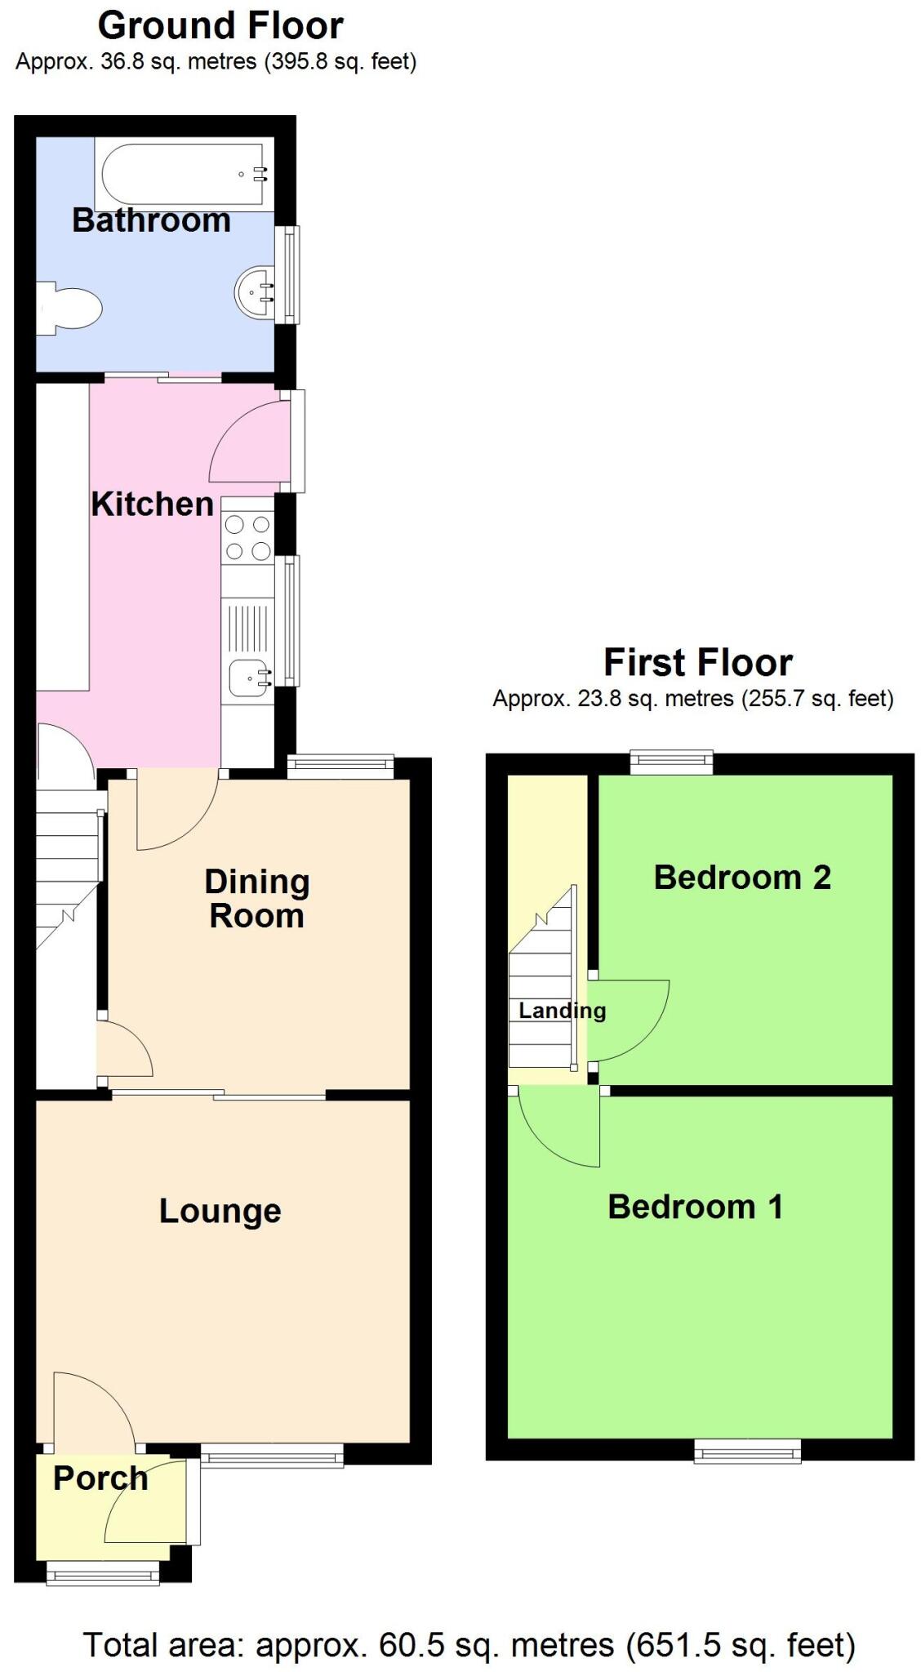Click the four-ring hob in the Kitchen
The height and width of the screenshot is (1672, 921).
[247, 537]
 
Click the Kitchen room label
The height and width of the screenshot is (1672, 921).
[152, 505]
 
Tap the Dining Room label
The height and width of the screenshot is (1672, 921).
[256, 898]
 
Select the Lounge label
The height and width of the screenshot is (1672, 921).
[220, 1211]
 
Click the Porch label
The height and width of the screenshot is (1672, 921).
[100, 1479]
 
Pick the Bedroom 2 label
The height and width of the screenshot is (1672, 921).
[741, 878]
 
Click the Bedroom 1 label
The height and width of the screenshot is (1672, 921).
[695, 1207]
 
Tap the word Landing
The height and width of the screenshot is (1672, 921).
[562, 1011]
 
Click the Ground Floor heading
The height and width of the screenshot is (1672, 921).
[220, 26]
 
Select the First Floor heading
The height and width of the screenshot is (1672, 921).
[697, 662]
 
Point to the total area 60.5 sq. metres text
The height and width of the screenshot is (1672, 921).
[469, 1644]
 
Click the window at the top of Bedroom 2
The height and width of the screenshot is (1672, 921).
[671, 763]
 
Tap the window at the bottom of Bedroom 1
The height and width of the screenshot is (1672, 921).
[747, 1451]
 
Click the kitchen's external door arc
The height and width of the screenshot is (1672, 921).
[245, 441]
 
